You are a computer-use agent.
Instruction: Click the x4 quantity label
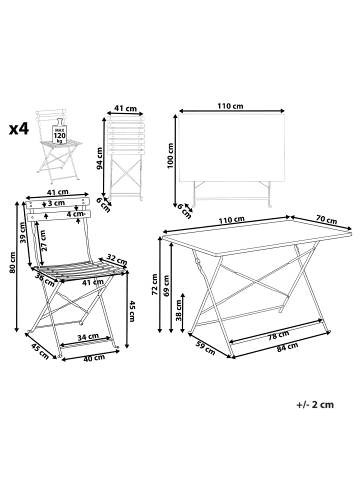coord(19,129)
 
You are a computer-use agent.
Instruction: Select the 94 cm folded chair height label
coord(100,158)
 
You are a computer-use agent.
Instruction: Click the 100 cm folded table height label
coord(171,156)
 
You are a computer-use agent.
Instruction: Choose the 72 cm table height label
coord(155,284)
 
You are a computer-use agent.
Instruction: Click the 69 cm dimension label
coord(166,285)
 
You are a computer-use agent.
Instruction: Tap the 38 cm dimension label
coord(179,310)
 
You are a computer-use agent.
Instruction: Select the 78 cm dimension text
coord(278,334)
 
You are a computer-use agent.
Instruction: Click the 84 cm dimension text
coord(287,348)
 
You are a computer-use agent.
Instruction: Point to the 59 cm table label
coord(205,347)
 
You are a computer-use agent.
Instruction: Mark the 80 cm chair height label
coord(12,262)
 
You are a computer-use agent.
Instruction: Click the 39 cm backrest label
coord(23,233)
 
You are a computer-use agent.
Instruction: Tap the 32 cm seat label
coord(117,259)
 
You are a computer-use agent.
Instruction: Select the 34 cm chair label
coord(88,337)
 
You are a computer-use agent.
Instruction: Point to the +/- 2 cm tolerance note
coord(315,405)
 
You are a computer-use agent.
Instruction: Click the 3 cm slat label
coord(56,203)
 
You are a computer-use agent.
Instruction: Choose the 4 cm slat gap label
coord(75,214)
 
